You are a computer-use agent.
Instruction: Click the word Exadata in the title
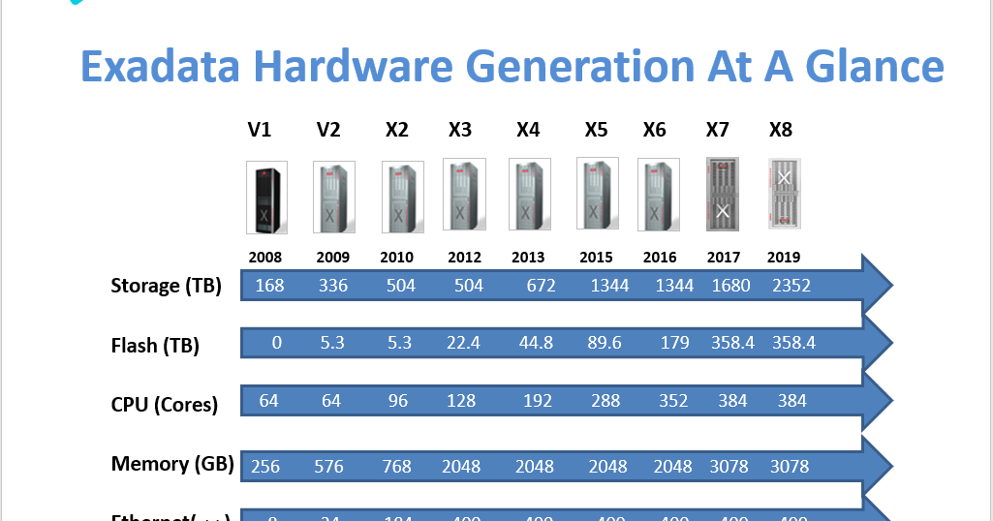[160, 68]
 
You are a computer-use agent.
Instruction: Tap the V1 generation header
[260, 130]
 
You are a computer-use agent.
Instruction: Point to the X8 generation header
[781, 130]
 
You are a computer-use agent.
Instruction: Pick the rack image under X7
[723, 194]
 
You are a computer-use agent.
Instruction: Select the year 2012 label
[464, 258]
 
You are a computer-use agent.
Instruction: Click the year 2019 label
[783, 258]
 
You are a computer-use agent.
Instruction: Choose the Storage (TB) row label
[167, 286]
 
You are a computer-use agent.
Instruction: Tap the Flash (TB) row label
[155, 346]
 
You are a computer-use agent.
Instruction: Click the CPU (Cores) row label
[165, 405]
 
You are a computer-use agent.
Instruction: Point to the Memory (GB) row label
[172, 464]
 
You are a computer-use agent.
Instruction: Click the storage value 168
[269, 286]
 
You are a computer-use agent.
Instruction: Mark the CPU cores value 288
[605, 401]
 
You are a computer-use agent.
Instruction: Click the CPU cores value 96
[398, 401]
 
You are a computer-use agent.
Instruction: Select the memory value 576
[328, 467]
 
